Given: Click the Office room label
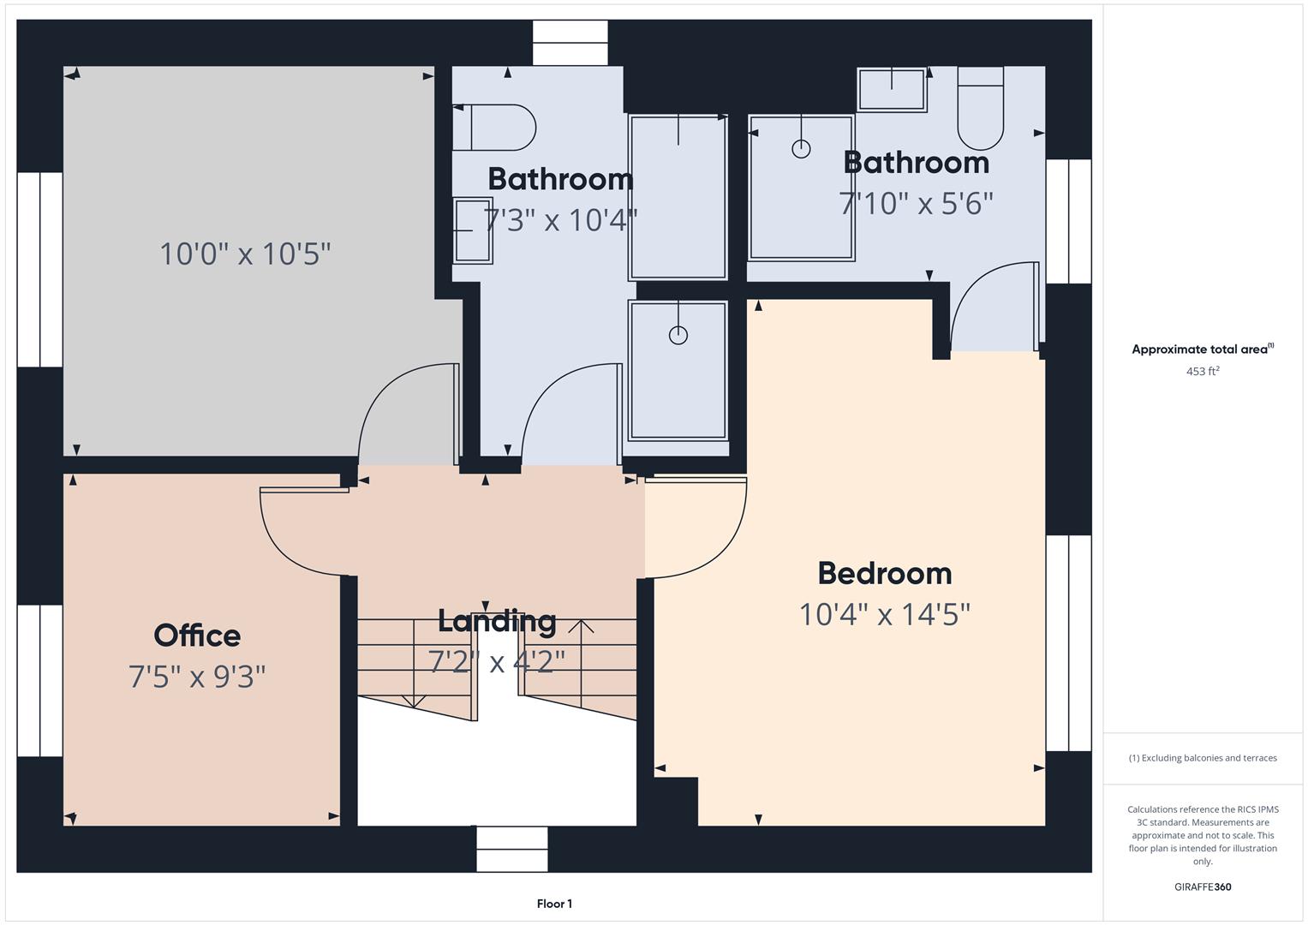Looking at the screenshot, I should click(x=197, y=636).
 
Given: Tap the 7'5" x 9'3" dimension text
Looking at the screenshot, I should click(x=197, y=677).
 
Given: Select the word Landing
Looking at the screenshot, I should click(x=497, y=620).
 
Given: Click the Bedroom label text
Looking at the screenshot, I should click(x=884, y=573).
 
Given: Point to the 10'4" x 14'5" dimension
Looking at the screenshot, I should click(x=884, y=614).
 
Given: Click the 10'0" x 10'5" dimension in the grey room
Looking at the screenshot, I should click(x=245, y=254).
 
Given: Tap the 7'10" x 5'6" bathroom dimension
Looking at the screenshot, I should click(x=916, y=204).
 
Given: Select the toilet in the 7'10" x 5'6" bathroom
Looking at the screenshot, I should click(x=980, y=110).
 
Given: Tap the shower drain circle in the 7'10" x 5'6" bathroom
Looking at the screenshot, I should click(x=801, y=149).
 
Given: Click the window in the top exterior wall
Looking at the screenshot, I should click(x=570, y=43).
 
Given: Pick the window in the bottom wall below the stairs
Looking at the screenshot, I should click(x=511, y=849).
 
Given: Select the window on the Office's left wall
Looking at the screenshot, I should click(x=39, y=681).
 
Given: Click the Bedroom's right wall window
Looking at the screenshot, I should click(x=1068, y=642).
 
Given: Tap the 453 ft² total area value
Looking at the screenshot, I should click(x=1202, y=372).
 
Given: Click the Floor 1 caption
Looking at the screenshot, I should click(x=554, y=904).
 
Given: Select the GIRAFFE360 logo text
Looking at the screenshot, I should click(x=1202, y=886).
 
